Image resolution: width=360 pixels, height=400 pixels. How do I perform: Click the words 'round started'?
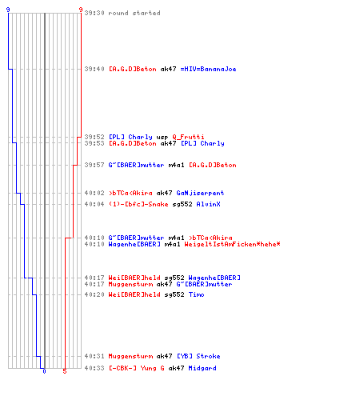134,13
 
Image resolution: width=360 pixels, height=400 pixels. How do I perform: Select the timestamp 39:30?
94,13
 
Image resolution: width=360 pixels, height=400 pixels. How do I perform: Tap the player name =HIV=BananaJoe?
208,69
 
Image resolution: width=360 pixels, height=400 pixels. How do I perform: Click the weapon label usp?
162,138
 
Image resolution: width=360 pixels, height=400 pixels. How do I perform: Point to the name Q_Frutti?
188,137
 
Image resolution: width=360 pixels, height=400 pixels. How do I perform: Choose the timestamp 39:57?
94,165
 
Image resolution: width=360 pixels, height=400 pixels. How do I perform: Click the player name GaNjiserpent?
200,193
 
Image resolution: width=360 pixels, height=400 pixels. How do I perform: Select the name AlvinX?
208,204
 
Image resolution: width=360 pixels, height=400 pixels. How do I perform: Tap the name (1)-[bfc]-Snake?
138,204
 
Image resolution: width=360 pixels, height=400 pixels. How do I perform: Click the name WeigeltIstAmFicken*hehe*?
232,244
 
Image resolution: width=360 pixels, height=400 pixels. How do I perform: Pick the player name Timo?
196,294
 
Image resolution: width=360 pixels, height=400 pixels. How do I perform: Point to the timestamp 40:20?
94,294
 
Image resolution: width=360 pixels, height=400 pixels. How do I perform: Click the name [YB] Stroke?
198,356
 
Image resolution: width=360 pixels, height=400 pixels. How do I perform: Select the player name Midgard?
202,368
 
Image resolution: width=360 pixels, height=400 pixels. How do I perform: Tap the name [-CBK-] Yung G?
136,368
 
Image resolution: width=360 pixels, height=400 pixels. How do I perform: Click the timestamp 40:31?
94,356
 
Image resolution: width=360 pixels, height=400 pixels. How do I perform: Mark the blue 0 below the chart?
44,371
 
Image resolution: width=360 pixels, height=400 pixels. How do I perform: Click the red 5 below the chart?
65,371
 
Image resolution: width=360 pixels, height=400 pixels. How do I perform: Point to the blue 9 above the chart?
8,10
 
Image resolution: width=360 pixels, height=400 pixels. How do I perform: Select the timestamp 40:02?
94,193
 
